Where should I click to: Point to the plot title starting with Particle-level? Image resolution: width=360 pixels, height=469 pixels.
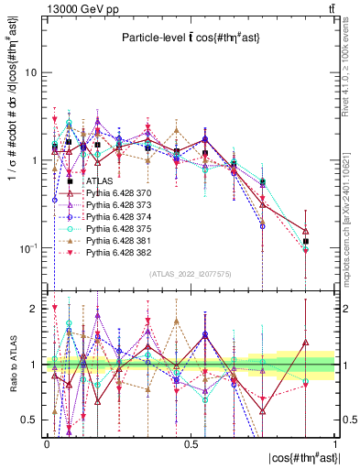coord(191,37)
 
